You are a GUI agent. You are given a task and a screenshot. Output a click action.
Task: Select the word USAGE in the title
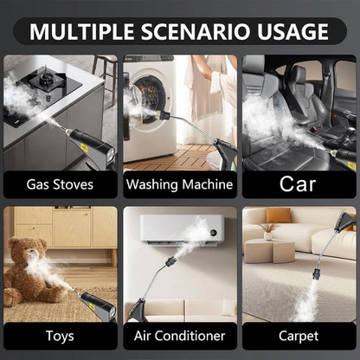coord(292,32)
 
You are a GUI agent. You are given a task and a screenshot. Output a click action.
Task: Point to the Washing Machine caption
coord(179,184)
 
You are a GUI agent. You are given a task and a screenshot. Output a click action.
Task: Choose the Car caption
coord(298,184)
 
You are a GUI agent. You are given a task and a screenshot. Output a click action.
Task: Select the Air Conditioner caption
coord(179,335)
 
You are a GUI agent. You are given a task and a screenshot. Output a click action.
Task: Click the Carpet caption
coord(298,335)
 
